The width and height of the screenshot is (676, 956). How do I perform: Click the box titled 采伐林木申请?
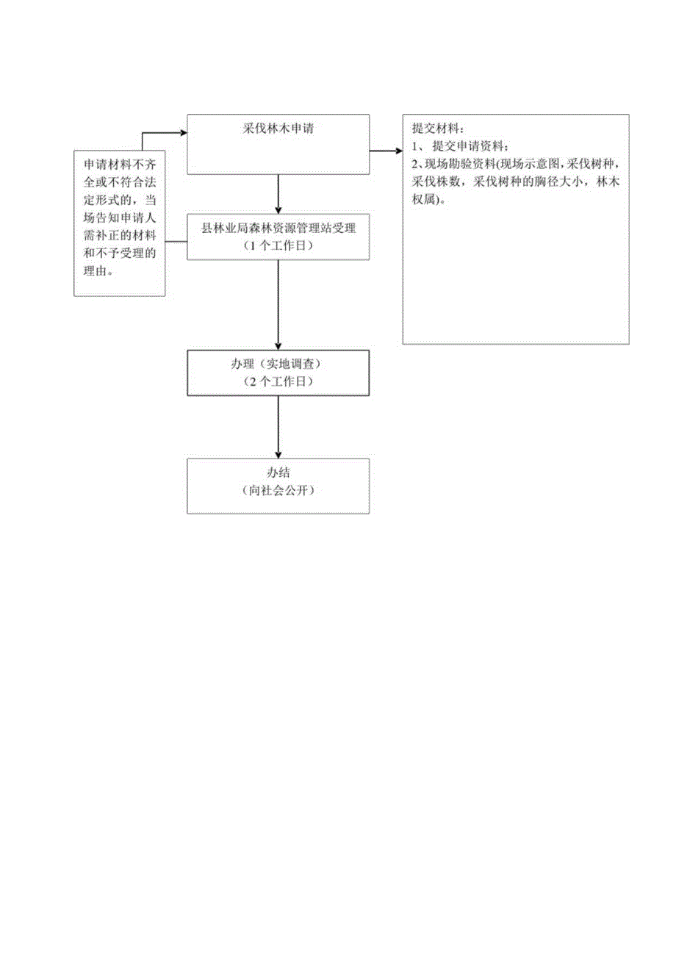278,144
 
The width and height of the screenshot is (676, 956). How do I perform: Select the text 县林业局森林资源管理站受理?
278,229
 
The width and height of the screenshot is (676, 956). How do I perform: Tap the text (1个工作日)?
278,245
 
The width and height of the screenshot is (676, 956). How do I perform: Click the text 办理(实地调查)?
278,365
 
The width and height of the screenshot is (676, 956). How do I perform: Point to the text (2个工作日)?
278,382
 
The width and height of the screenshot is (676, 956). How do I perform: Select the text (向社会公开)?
278,491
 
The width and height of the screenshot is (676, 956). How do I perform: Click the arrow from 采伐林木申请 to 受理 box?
278,193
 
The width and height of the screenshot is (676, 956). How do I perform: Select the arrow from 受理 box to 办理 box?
278,304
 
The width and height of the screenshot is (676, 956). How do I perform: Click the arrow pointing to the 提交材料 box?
386,151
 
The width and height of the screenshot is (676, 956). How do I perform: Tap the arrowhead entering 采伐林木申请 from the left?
182,134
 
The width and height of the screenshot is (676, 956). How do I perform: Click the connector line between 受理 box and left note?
176,241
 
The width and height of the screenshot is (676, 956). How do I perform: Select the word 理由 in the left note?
98,271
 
